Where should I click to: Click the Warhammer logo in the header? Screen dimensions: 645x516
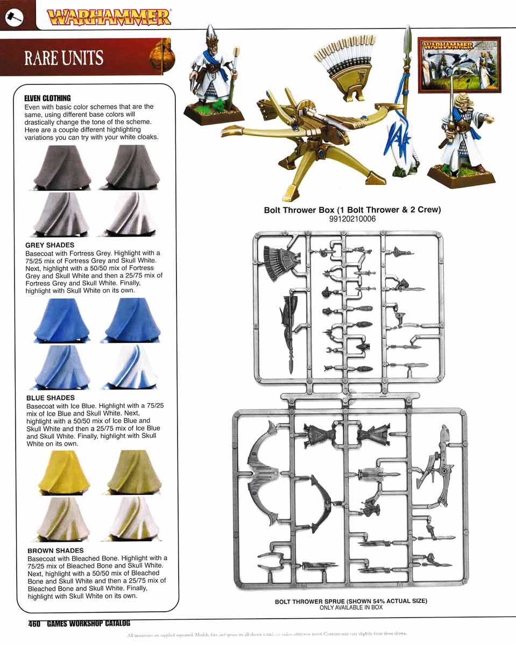click(109, 17)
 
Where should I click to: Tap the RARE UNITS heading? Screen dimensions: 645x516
click(63, 58)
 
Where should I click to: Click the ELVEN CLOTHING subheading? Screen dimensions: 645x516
click(47, 98)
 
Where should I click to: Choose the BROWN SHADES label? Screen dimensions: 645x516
click(55, 550)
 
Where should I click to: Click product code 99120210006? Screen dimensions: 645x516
click(352, 219)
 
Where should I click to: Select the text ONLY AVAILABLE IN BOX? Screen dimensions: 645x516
click(351, 607)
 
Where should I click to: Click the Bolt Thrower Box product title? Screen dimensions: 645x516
click(352, 210)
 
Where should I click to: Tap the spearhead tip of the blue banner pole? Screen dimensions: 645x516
click(408, 38)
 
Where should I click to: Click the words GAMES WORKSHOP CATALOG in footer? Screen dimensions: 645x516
click(88, 624)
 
